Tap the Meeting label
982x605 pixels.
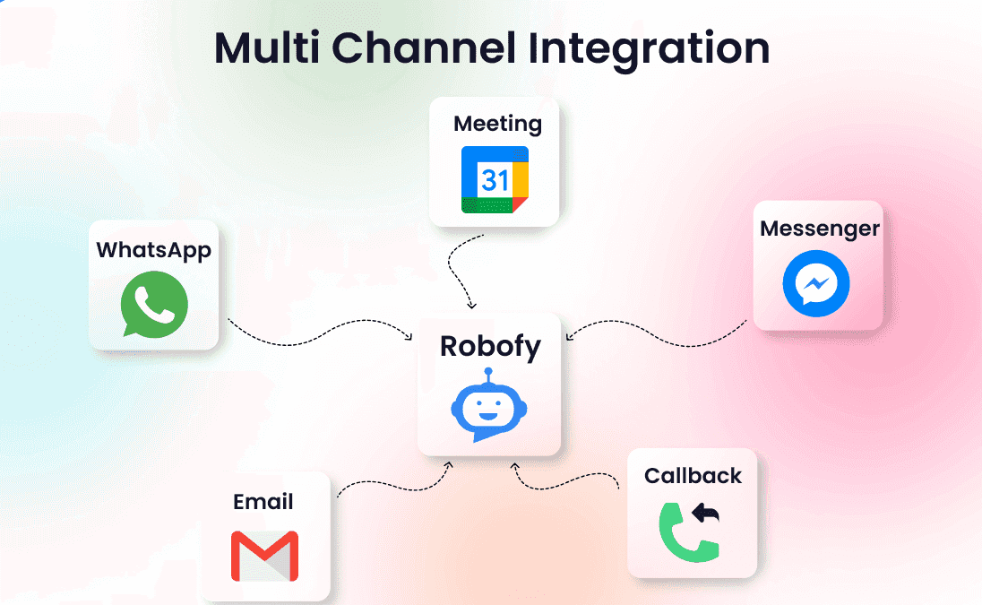click(x=497, y=123)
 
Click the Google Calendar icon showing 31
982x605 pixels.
click(x=495, y=179)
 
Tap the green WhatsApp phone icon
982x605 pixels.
click(x=154, y=304)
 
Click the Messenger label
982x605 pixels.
click(x=820, y=228)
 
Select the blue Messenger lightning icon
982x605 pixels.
click(x=816, y=284)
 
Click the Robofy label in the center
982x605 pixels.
click(x=490, y=347)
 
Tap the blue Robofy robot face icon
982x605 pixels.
click(x=488, y=410)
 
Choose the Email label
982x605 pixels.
click(x=263, y=501)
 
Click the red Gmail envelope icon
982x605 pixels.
click(x=264, y=556)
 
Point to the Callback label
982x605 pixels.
click(x=693, y=475)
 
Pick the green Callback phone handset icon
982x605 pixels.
click(x=685, y=536)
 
